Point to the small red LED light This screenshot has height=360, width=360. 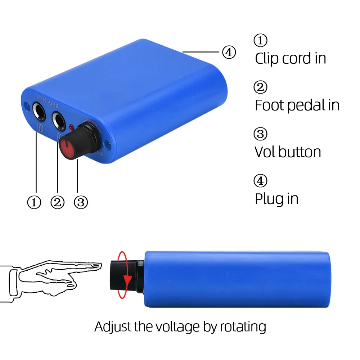coord(71,127)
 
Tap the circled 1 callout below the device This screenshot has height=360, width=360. coord(35,203)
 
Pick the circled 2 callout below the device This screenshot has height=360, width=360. coord(57,203)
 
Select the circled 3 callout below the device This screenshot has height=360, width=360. coord(80,203)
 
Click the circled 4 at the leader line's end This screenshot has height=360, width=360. coord(229,53)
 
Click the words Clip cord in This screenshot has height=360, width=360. coord(290,59)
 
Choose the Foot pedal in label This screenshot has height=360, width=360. coord(297,105)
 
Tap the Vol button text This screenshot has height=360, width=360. coord(288,152)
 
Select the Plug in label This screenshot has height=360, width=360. coord(276,198)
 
